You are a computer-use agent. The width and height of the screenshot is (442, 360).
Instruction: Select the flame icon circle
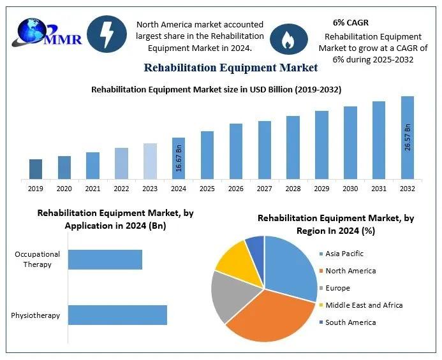289,40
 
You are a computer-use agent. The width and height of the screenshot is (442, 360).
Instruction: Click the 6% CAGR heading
351,23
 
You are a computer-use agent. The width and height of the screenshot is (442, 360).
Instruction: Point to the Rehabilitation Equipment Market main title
230,68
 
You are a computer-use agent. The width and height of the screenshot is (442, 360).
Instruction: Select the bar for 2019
36,169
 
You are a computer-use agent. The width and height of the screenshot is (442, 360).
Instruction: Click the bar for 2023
150,161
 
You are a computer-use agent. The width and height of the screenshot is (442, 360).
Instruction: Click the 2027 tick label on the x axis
264,189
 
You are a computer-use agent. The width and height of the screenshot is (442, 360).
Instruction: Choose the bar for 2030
350,143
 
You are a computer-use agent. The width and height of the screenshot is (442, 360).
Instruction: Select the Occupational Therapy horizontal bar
105,259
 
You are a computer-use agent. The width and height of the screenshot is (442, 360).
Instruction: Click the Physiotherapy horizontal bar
117,315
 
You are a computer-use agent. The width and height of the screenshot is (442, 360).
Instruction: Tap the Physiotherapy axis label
35,315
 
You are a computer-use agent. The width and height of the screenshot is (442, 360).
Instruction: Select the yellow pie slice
232,261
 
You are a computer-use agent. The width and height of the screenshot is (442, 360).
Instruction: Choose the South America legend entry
350,322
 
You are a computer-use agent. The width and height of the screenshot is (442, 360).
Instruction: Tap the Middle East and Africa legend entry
364,305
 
